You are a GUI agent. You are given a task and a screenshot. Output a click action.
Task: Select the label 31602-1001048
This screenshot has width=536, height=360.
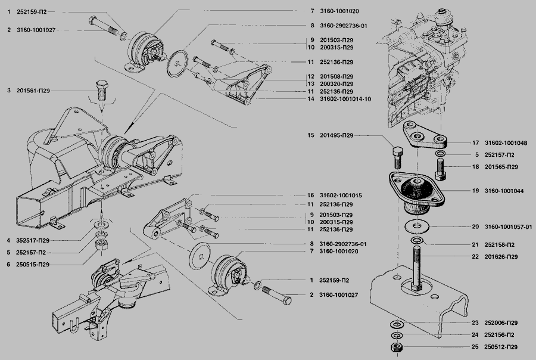pos(506,143)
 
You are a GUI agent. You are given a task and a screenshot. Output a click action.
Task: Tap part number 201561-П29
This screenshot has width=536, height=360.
pos(34,91)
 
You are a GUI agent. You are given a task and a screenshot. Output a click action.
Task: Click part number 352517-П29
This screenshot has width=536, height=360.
pos(34,241)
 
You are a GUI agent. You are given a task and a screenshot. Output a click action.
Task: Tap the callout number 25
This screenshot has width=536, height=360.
pos(475,347)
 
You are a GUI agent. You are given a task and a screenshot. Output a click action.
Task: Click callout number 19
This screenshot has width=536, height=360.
pos(475,191)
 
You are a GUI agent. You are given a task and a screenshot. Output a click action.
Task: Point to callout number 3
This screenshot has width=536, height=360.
pos(9,91)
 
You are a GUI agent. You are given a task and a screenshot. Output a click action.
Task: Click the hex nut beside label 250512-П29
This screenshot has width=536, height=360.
pos(395,346)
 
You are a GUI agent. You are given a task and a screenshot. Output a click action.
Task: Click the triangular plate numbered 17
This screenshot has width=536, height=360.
pos(426,136)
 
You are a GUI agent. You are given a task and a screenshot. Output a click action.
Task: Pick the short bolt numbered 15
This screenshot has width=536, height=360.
pos(398,157)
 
